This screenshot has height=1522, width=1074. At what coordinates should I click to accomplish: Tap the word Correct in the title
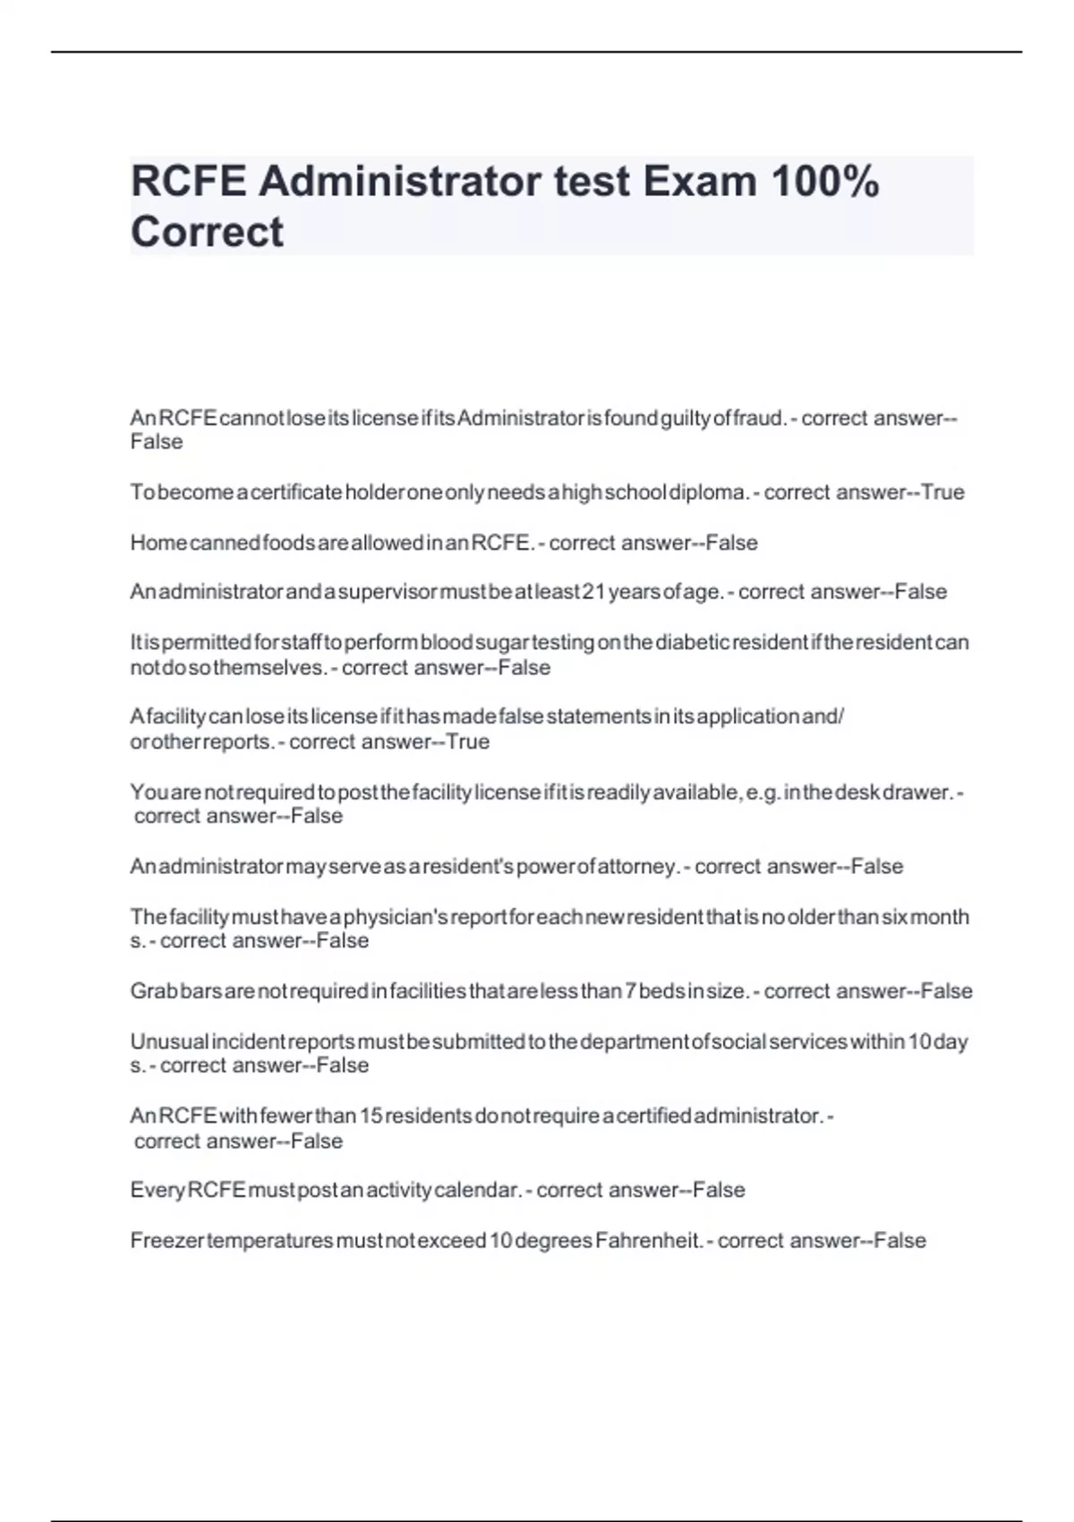click(x=207, y=232)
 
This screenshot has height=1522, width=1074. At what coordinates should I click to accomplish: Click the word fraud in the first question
click(x=757, y=418)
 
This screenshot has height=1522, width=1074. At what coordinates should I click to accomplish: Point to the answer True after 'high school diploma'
click(x=942, y=492)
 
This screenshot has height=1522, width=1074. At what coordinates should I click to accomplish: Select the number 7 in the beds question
click(x=631, y=992)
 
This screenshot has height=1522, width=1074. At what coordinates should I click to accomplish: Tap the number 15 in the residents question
click(x=371, y=1116)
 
